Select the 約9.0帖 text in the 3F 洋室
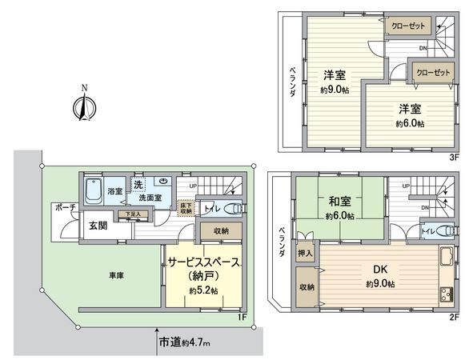click(335, 90)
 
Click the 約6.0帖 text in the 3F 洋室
click(409, 124)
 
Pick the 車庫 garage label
click(116, 276)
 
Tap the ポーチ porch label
click(65, 206)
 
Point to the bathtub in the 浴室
click(94, 192)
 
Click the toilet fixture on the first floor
click(233, 210)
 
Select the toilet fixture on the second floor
click(439, 230)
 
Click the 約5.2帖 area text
click(204, 290)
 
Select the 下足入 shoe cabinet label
click(134, 214)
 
